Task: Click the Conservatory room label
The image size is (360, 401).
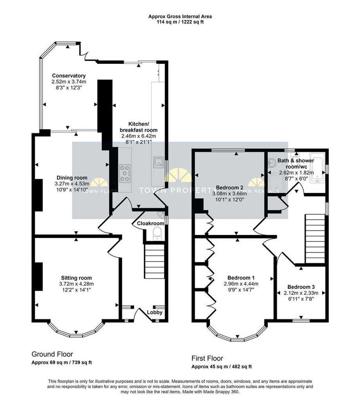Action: click(69, 76)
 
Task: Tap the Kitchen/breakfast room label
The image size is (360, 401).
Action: click(138, 127)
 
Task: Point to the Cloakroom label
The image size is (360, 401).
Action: click(150, 223)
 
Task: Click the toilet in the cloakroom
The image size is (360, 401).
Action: click(157, 234)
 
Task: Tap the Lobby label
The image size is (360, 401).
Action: click(155, 312)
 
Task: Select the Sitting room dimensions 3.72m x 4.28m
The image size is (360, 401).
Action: click(76, 284)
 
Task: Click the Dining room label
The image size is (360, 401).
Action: click(72, 178)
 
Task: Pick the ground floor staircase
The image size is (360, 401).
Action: click(155, 261)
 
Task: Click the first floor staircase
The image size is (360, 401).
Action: click(315, 239)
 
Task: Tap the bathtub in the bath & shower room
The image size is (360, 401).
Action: click(317, 168)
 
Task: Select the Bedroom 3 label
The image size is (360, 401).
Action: click(301, 287)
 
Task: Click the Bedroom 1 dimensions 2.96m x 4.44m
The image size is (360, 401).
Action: click(241, 284)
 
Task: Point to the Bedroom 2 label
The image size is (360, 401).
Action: click(230, 188)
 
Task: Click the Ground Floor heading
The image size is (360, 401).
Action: click(52, 354)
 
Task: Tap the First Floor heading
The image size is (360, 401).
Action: click(207, 358)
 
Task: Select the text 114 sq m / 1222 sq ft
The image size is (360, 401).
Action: click(180, 22)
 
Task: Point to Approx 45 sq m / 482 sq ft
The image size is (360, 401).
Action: click(222, 367)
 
